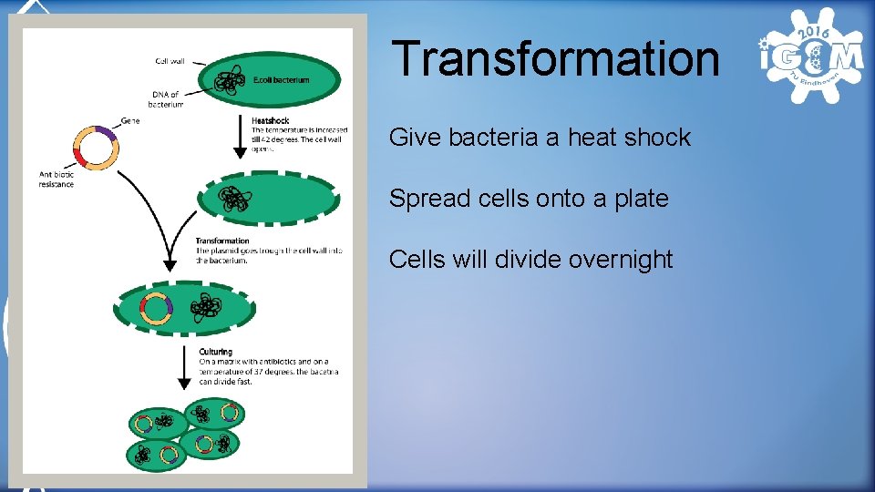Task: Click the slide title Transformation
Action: [555, 58]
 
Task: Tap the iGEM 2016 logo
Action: [810, 56]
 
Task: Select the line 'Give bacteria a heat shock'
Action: [540, 138]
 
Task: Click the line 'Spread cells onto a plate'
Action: [529, 199]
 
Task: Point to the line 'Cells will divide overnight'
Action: [530, 260]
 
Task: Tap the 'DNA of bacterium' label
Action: [165, 99]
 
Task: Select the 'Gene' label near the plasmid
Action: [129, 120]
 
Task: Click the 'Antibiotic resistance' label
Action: [57, 179]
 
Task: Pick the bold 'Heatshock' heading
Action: [271, 120]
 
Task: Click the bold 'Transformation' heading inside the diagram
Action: [222, 241]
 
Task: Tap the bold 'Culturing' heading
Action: [215, 352]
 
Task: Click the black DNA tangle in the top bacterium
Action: [228, 83]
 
